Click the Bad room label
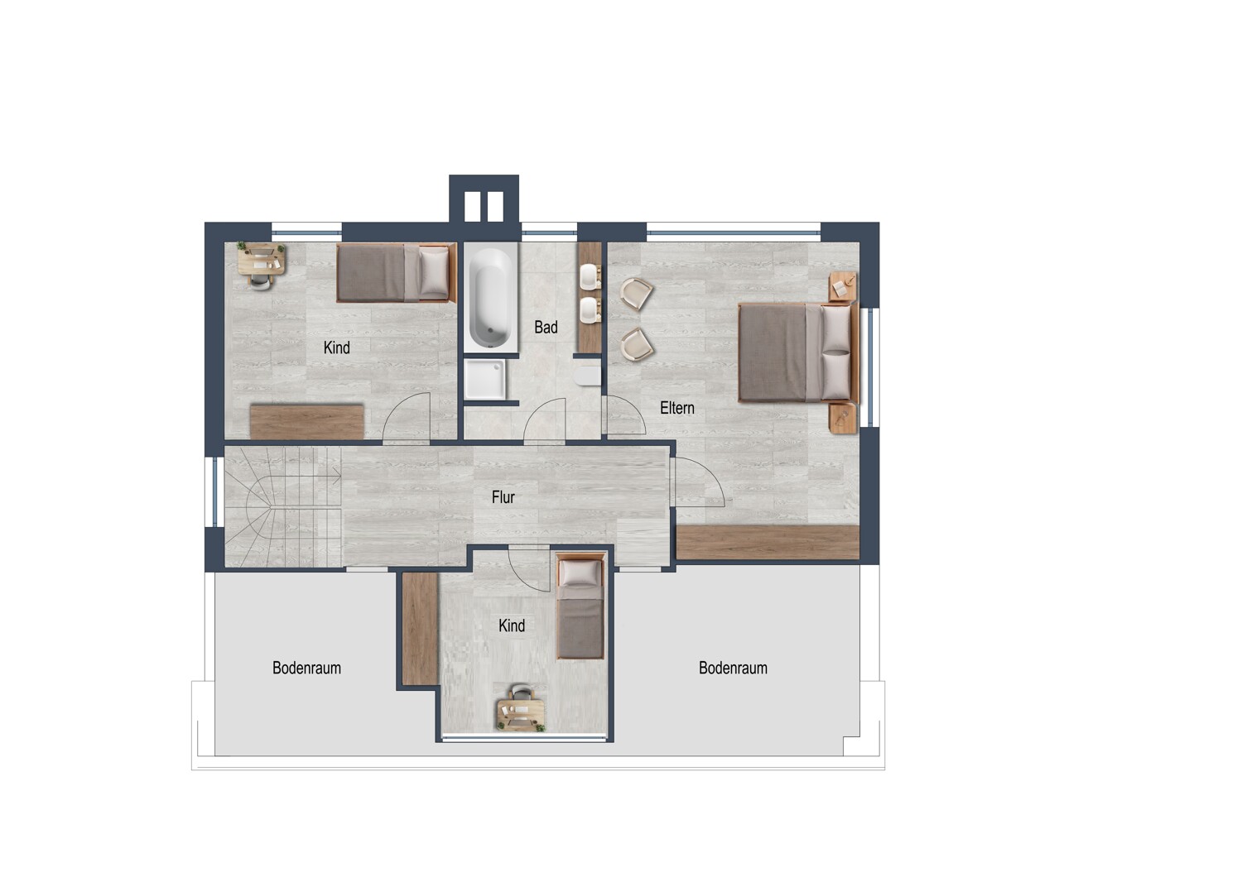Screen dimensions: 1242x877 click(x=546, y=328)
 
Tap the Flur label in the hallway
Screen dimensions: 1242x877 click(x=503, y=497)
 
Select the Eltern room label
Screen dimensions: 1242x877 click(x=677, y=409)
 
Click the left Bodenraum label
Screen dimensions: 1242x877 click(x=306, y=668)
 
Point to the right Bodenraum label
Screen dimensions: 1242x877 click(x=733, y=668)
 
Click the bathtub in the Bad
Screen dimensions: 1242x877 click(x=491, y=297)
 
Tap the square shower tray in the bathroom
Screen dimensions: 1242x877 click(x=485, y=380)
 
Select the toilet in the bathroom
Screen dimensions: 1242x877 click(x=588, y=375)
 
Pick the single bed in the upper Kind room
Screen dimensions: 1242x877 click(x=396, y=273)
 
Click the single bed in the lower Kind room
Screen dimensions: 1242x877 click(x=580, y=606)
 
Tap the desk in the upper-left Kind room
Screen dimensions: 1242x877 click(x=262, y=260)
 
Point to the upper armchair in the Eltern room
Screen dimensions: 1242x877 click(x=637, y=294)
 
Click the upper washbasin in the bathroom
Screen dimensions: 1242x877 click(x=590, y=276)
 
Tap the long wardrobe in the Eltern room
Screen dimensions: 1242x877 click(x=768, y=543)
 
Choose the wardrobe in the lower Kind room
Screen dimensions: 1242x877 click(x=420, y=628)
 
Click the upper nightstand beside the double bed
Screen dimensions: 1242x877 click(x=842, y=286)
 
